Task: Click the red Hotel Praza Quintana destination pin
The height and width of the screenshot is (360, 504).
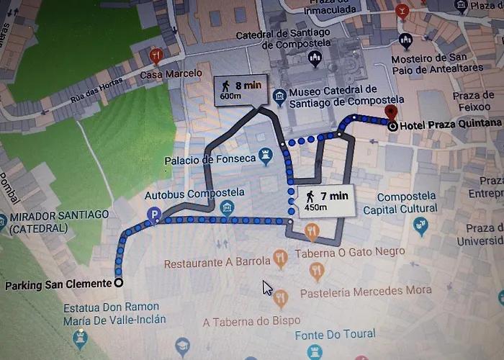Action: pyautogui.click(x=391, y=112)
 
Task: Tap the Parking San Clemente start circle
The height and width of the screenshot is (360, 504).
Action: pyautogui.click(x=118, y=283)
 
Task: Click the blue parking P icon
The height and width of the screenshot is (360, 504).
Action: pyautogui.click(x=153, y=214)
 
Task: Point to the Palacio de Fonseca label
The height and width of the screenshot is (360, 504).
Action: pyautogui.click(x=210, y=158)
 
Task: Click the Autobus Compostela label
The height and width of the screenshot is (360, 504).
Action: pyautogui.click(x=184, y=193)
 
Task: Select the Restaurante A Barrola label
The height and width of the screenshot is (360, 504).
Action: pyautogui.click(x=217, y=263)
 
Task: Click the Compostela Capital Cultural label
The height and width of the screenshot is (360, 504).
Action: pyautogui.click(x=400, y=203)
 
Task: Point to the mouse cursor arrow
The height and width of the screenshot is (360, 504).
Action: pyautogui.click(x=268, y=288)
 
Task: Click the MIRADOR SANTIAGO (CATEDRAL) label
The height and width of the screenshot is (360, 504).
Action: pyautogui.click(x=58, y=222)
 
